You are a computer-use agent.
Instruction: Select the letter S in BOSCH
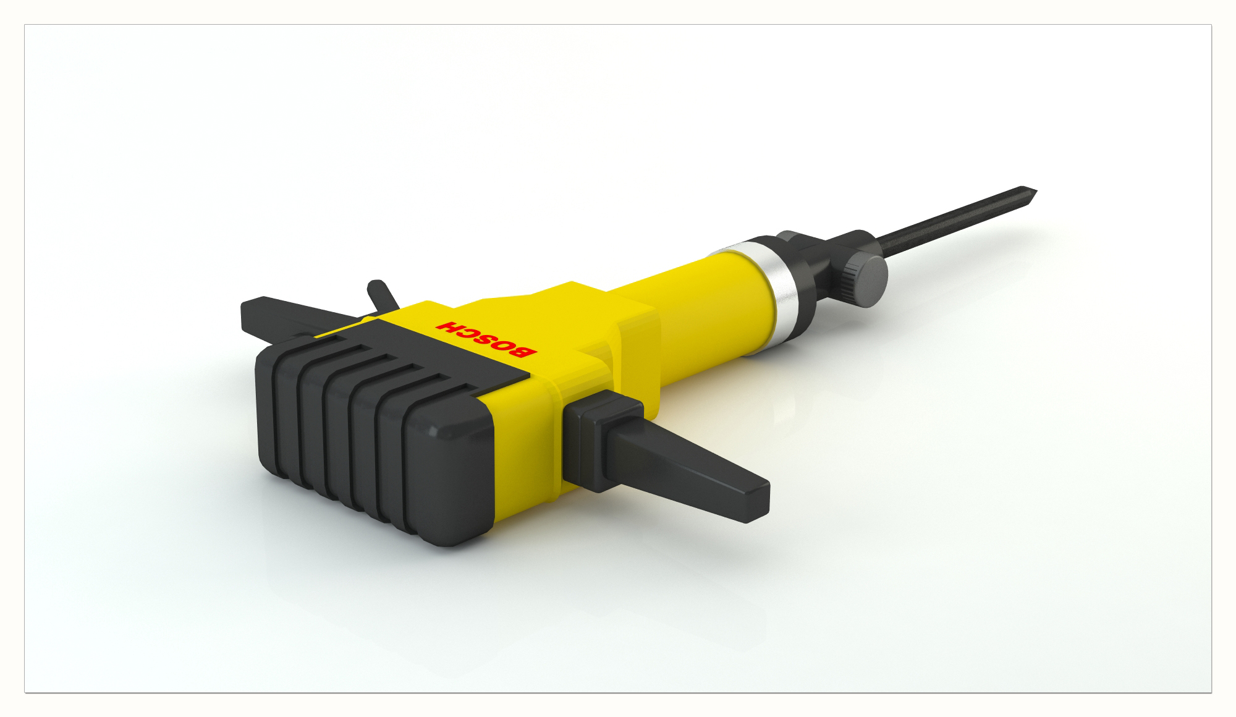tap(486, 339)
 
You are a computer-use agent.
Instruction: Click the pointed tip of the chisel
tap(1035, 190)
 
